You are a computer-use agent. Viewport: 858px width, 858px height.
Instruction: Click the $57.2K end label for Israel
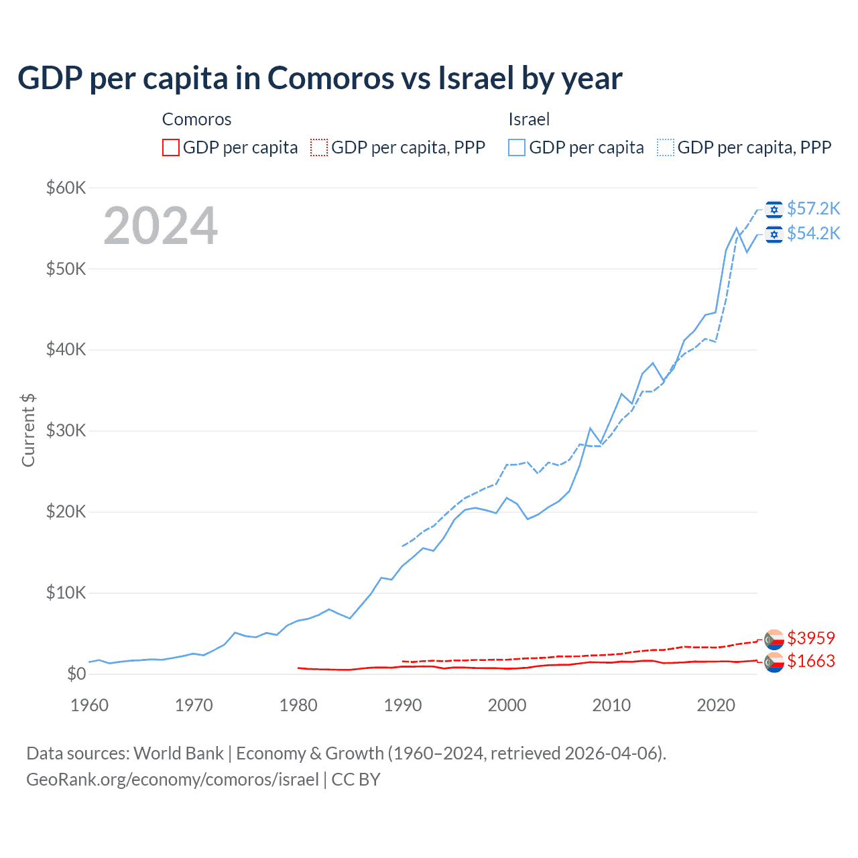813,209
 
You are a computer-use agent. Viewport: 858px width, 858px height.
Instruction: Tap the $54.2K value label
813,233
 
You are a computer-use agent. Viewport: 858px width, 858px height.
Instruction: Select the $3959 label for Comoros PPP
811,637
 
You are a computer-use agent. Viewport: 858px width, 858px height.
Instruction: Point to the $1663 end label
811,661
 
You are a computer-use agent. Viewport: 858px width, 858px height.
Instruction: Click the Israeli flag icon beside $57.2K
774,210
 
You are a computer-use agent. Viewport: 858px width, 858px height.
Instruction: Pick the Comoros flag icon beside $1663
774,662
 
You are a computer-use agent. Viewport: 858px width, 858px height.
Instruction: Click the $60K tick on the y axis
66,188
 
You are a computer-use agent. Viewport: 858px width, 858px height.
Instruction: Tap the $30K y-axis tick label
66,431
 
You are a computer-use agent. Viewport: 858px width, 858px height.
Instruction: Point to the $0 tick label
76,674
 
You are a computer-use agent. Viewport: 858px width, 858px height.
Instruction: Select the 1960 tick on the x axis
89,705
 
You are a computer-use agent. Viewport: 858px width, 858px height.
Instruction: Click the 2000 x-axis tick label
507,705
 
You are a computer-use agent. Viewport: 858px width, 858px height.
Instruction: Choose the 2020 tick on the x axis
716,705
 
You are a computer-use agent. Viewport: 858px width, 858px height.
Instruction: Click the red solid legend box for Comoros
171,147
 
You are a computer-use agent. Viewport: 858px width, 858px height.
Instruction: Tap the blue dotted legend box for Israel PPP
666,147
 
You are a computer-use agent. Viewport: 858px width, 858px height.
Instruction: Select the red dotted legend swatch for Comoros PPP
319,147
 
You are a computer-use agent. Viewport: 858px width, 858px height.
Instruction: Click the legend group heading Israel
529,119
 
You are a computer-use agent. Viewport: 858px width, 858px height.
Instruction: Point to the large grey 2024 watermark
161,226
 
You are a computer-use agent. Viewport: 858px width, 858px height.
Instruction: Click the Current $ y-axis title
28,430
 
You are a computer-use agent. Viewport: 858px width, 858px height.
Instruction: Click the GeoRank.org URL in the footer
172,780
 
